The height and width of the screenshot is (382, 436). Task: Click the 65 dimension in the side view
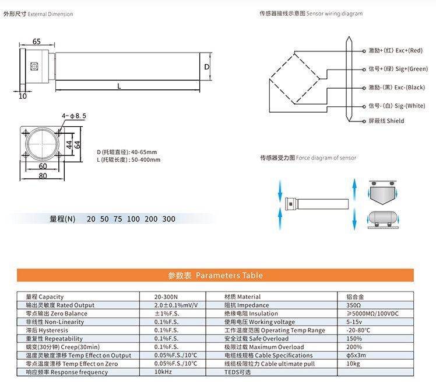pyautogui.click(x=36, y=42)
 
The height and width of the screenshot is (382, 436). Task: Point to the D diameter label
pyautogui.click(x=206, y=67)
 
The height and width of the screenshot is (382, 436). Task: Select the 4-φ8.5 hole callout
pyautogui.click(x=74, y=116)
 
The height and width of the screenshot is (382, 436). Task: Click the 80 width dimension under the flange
pyautogui.click(x=43, y=175)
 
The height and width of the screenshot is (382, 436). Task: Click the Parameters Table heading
pyautogui.click(x=215, y=275)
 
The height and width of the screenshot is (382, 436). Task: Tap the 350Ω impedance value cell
pyautogui.click(x=353, y=305)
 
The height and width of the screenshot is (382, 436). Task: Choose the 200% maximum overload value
pyautogui.click(x=353, y=346)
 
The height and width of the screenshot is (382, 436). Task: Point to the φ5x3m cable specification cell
pyautogui.click(x=357, y=355)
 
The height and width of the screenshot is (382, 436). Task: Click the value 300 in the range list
pyautogui.click(x=168, y=219)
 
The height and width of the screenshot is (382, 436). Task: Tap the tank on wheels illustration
pyautogui.click(x=382, y=219)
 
